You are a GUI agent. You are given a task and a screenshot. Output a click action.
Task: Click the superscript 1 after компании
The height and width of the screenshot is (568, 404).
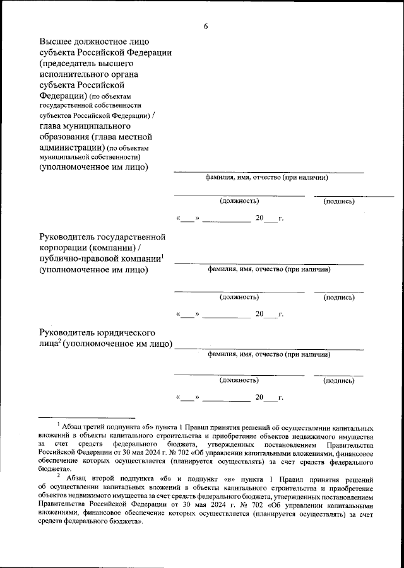(162, 255)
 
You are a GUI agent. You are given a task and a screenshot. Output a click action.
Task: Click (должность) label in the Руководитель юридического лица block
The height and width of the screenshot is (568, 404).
(239, 381)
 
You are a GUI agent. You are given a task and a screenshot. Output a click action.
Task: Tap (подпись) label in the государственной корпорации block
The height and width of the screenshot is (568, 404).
(338, 296)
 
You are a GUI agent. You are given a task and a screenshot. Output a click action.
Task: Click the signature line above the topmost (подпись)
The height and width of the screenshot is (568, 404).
(353, 195)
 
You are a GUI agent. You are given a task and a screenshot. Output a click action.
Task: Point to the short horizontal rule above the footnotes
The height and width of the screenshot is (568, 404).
(87, 417)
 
